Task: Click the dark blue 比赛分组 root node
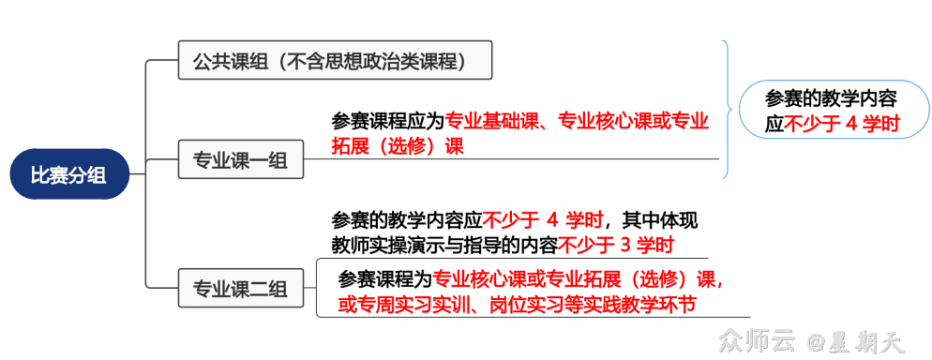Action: (68, 173)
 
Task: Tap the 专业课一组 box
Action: (240, 159)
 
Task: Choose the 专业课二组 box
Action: (240, 287)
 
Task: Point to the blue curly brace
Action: (729, 105)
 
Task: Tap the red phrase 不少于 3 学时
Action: (616, 246)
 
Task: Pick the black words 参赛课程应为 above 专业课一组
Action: (388, 122)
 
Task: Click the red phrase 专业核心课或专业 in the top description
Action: (634, 122)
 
